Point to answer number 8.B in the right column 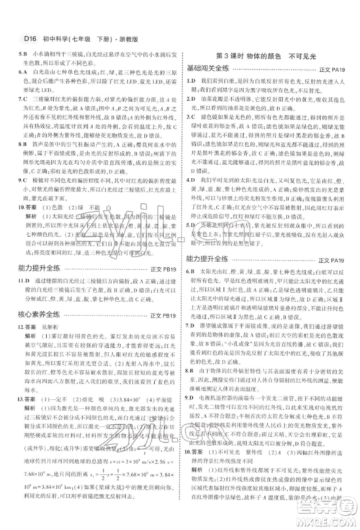(192, 369)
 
